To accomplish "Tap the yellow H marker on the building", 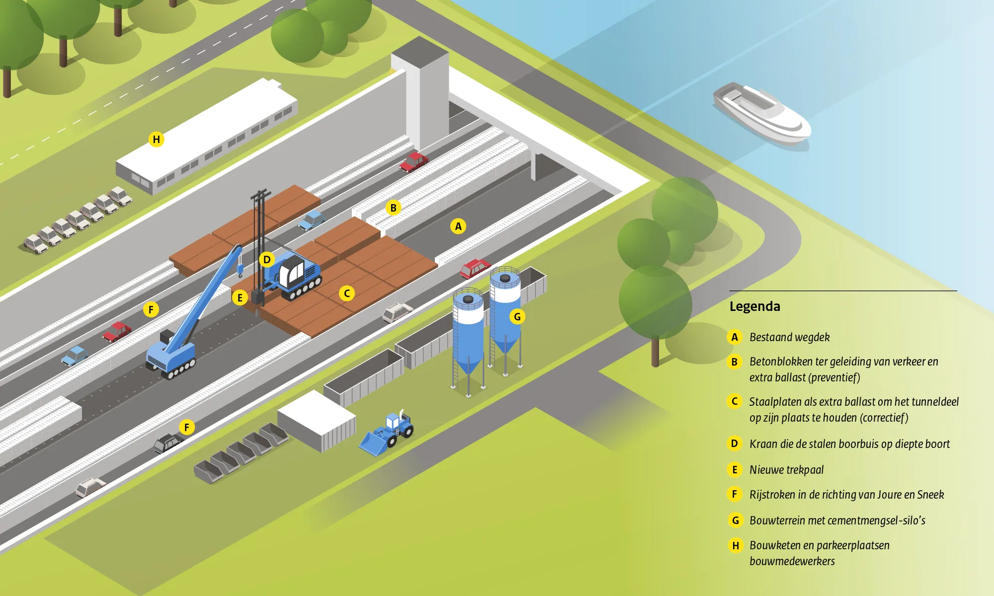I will pyautogui.click(x=157, y=140).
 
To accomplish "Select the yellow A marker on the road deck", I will pyautogui.click(x=458, y=226).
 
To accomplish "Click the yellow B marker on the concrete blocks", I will pyautogui.click(x=393, y=208).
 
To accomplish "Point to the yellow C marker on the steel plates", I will pyautogui.click(x=347, y=293).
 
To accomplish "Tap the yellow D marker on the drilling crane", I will pyautogui.click(x=267, y=259).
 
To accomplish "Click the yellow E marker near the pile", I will pyautogui.click(x=240, y=298).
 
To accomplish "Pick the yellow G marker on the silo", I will pyautogui.click(x=517, y=316).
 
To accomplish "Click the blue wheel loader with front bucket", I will pyautogui.click(x=387, y=433).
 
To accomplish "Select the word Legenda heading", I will pyautogui.click(x=754, y=306).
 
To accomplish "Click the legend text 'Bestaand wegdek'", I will pyautogui.click(x=789, y=337).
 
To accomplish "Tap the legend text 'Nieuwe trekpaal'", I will pyautogui.click(x=786, y=470).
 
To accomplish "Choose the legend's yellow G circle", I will pyautogui.click(x=735, y=520).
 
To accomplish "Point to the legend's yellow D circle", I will pyautogui.click(x=735, y=444).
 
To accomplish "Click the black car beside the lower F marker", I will pyautogui.click(x=167, y=443).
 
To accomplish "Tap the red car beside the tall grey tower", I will pyautogui.click(x=414, y=161).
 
